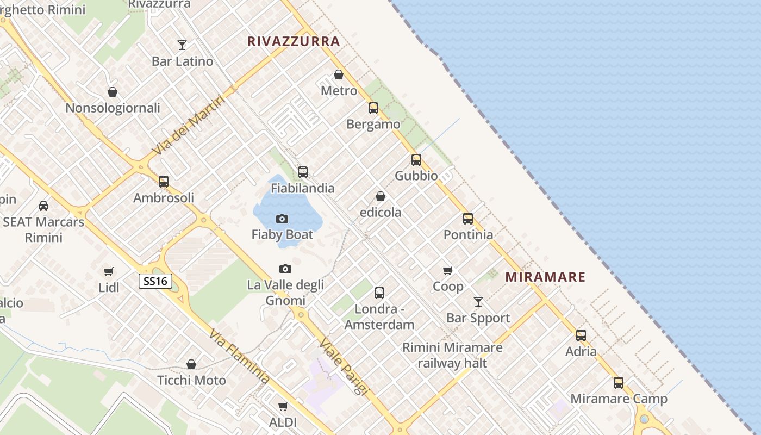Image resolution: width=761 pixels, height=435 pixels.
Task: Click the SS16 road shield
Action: click(155, 281)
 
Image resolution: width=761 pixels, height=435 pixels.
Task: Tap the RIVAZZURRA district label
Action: click(294, 41)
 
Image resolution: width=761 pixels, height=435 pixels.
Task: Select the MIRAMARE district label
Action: click(545, 277)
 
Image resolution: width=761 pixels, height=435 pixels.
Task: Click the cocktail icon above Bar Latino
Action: click(182, 45)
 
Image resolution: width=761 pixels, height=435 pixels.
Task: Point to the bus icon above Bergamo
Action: click(373, 108)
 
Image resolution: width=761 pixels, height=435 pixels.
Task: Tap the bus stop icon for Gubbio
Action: click(416, 160)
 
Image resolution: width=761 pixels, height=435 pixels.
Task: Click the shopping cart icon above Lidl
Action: click(109, 271)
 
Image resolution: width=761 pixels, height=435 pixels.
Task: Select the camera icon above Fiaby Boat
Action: click(282, 219)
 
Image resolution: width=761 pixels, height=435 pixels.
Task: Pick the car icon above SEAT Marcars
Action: click(43, 206)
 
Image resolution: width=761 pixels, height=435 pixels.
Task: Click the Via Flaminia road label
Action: click(239, 357)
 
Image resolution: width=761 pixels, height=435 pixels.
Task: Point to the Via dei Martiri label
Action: click(188, 125)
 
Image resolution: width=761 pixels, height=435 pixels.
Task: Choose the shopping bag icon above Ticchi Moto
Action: click(191, 364)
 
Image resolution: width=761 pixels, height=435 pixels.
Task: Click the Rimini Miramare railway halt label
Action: click(452, 355)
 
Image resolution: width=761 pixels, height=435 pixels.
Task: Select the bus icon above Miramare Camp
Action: click(619, 383)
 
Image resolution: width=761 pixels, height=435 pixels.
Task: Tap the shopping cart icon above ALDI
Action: click(283, 406)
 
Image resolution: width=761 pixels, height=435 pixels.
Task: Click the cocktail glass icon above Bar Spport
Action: click(478, 302)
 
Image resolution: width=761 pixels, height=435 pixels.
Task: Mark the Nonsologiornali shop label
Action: click(113, 108)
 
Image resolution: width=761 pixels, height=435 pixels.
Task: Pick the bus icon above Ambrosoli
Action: click(164, 182)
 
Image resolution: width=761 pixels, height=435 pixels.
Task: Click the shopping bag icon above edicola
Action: click(380, 196)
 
